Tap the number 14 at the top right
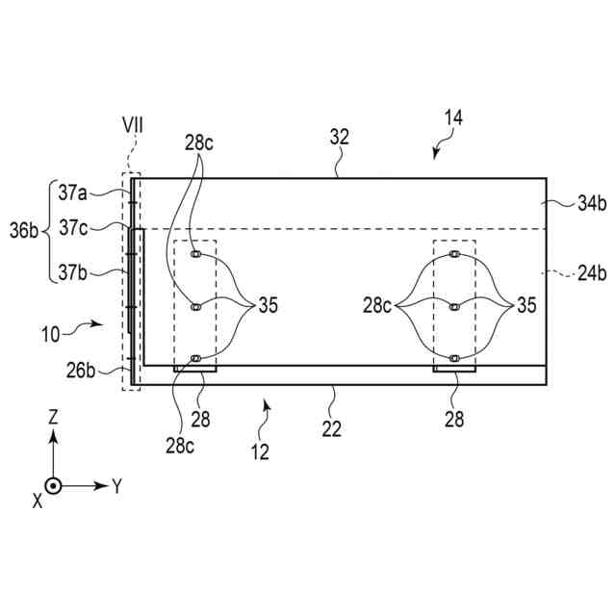452,117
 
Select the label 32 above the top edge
339,138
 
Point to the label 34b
563,203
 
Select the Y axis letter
116,486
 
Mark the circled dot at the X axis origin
54,486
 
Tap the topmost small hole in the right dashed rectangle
454,256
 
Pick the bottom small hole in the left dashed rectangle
195,359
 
